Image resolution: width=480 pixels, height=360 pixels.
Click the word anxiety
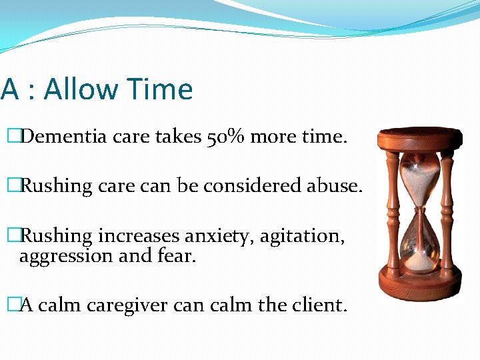tap(216, 235)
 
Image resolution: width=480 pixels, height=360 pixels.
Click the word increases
tap(139, 235)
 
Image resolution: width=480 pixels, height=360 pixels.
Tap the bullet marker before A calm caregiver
tap(11, 305)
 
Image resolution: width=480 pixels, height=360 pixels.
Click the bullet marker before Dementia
tap(11, 137)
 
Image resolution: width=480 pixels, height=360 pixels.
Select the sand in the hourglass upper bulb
tap(419, 177)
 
